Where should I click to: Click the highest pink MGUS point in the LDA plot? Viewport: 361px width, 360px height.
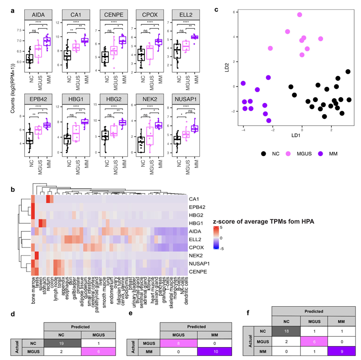(x=300, y=15)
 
